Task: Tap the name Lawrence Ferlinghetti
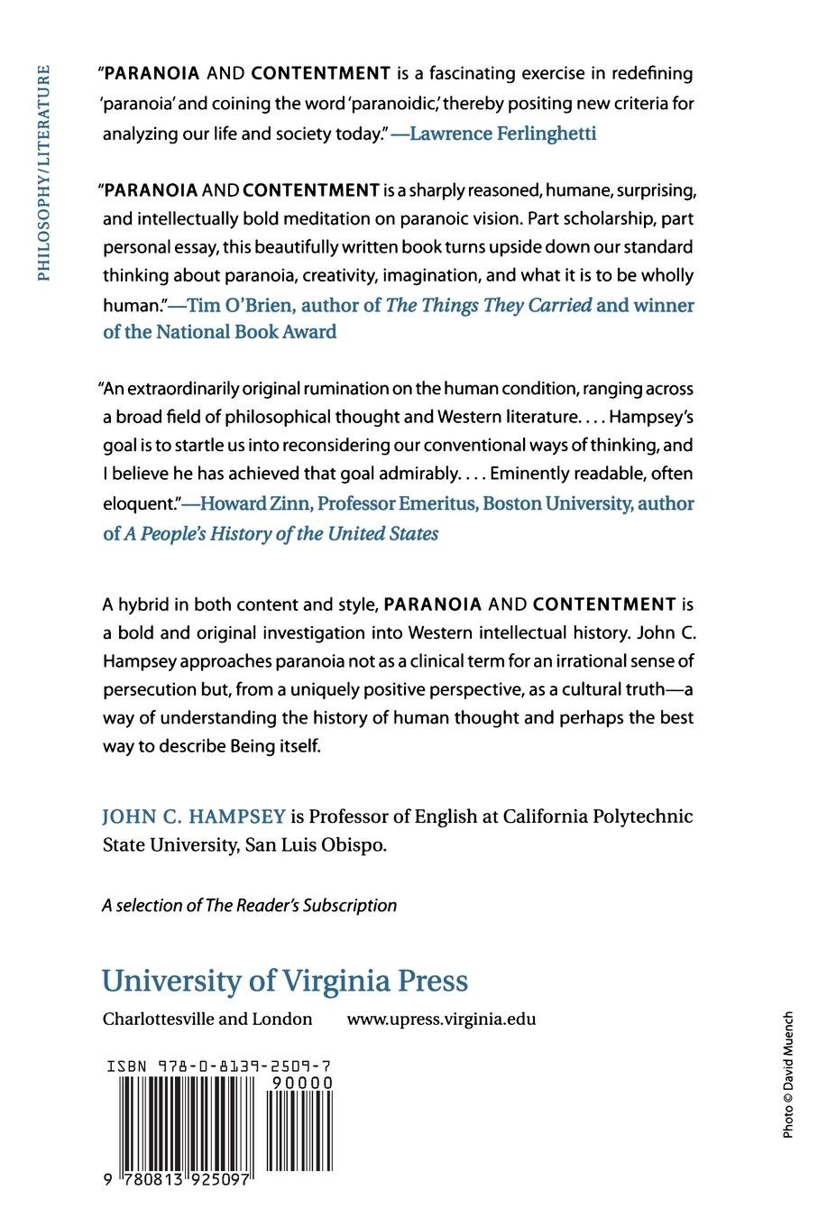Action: point(503,134)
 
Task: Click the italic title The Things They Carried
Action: point(489,305)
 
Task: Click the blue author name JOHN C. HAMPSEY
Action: point(193,816)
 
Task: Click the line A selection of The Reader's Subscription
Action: point(249,905)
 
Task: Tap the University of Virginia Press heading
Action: point(285,981)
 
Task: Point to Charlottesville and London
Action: point(207,1019)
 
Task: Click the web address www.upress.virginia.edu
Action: point(441,1019)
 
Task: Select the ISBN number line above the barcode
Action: point(218,1066)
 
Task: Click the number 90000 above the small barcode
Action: point(303,1083)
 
